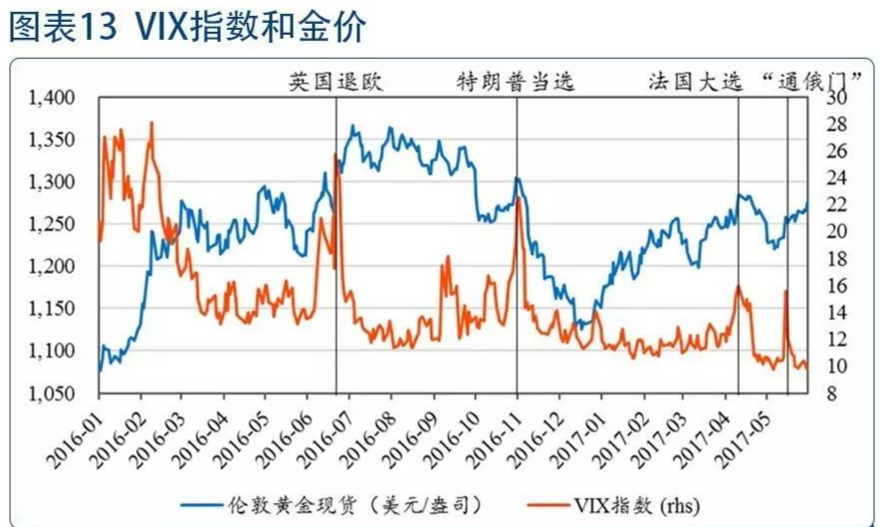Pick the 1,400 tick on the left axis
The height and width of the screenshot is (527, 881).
point(52,98)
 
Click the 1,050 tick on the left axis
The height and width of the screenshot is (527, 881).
point(52,394)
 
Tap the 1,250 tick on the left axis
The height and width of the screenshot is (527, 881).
point(52,224)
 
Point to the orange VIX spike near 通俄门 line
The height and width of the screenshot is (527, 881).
point(786,291)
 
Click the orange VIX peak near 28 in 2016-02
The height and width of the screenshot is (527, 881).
point(151,123)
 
